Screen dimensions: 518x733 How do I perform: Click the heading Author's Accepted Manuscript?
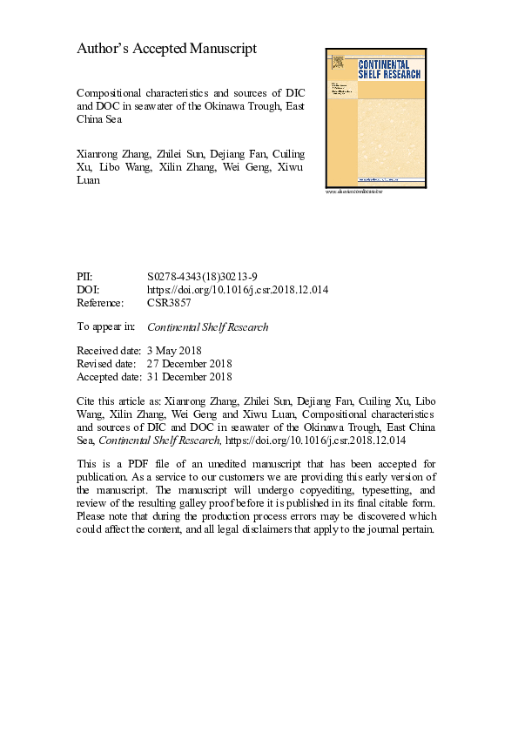(x=167, y=50)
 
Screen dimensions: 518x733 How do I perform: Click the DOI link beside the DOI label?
(x=238, y=290)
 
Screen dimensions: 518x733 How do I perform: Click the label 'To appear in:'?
(x=106, y=327)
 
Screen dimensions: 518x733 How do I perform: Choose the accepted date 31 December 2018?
(x=190, y=377)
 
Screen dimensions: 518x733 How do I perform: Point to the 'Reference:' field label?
(x=101, y=304)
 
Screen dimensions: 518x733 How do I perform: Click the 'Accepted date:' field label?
(x=109, y=377)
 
